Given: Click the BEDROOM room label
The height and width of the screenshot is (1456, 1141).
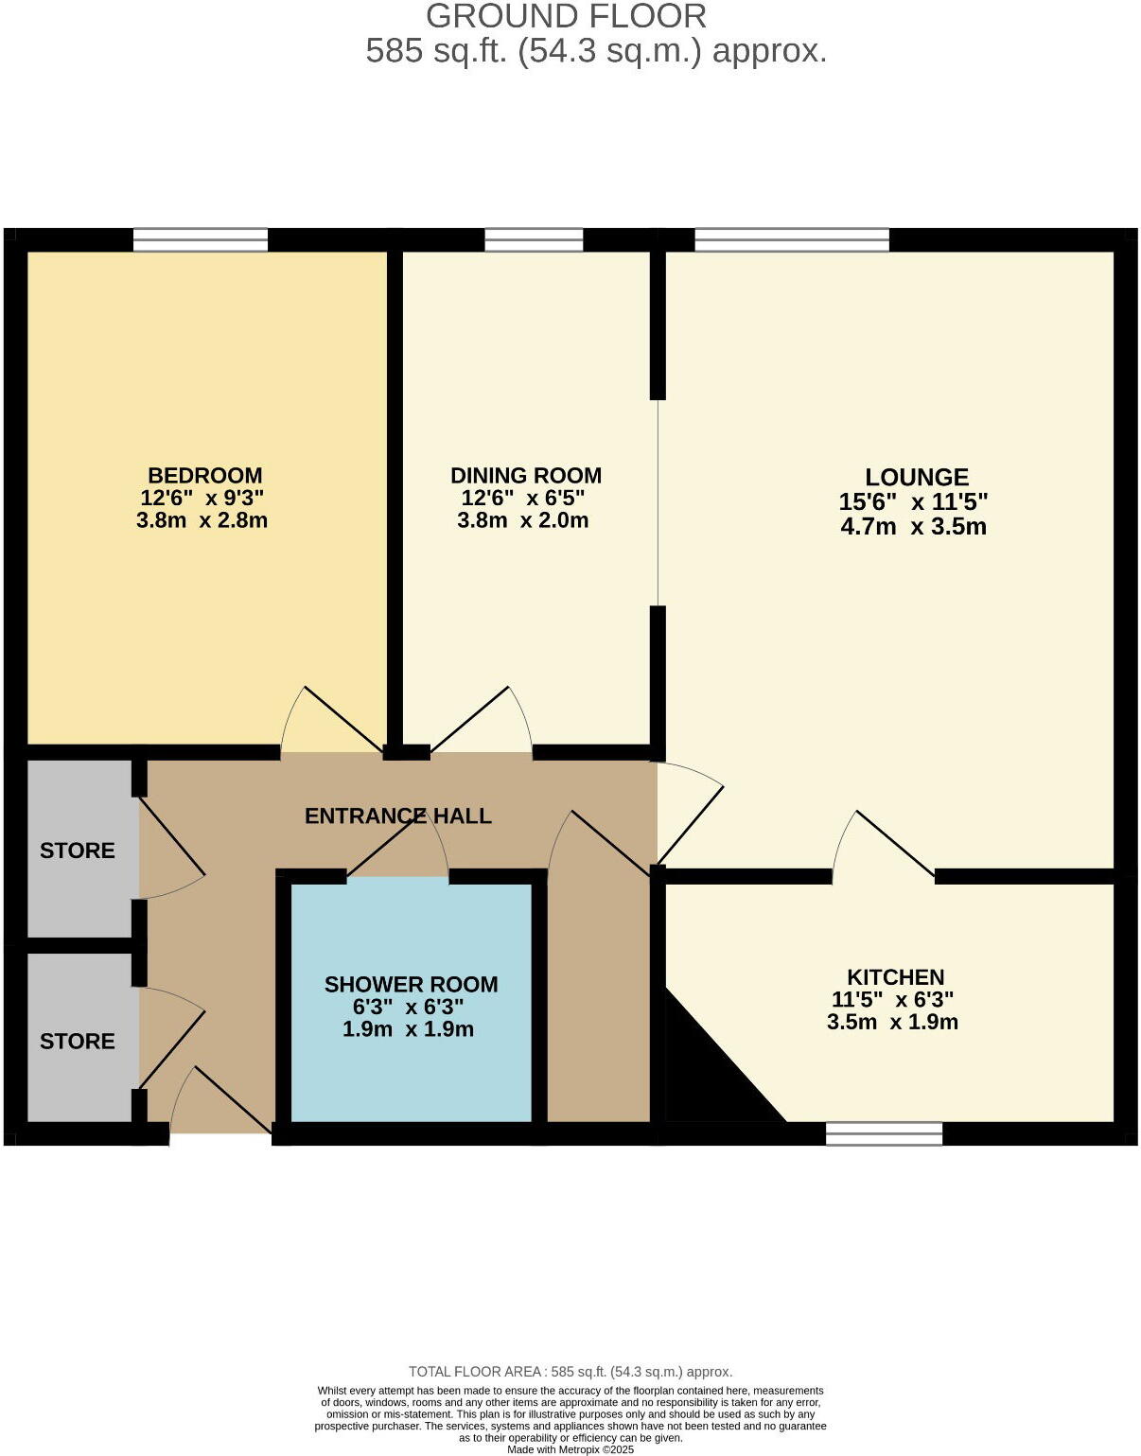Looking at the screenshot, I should (204, 475).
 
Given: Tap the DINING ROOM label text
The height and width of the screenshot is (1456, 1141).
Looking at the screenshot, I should (525, 475).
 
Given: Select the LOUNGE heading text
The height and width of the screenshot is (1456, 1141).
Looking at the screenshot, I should (916, 478).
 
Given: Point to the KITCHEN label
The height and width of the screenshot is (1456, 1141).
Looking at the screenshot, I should (895, 977).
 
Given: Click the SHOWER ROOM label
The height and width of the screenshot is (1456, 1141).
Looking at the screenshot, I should (411, 985).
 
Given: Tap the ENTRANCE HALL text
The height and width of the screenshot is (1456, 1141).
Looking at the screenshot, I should (397, 816).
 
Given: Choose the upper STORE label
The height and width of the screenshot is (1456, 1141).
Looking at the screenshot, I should (77, 851).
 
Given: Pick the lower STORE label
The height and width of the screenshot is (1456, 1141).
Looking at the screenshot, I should (77, 1042).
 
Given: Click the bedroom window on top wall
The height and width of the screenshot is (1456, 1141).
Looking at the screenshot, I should (200, 240).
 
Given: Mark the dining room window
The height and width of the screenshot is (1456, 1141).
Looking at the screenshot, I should (534, 240).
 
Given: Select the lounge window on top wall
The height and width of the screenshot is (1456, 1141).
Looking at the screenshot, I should (792, 240).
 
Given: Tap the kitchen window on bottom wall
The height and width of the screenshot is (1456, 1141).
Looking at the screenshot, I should (884, 1133).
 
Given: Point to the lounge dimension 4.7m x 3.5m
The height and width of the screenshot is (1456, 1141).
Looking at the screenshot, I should (913, 527).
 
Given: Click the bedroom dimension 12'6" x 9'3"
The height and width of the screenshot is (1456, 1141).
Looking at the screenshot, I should (202, 498).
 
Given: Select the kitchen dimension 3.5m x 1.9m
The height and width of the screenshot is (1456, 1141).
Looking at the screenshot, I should (892, 1022).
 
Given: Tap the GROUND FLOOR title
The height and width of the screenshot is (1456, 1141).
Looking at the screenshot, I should (566, 16).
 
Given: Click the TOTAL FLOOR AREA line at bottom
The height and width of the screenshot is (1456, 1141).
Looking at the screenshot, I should (570, 1372).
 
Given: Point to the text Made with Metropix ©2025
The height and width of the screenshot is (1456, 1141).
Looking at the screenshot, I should (570, 1449).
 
